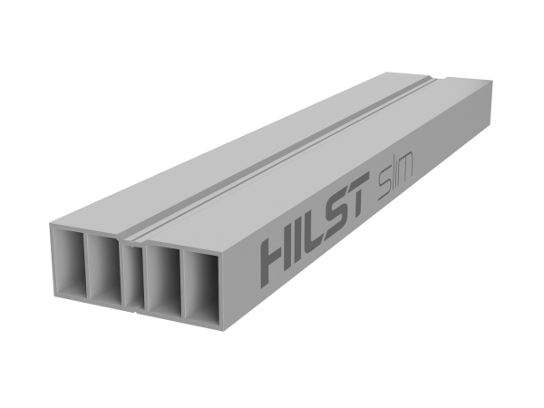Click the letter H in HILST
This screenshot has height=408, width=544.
277,258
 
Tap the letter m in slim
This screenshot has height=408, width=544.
404,170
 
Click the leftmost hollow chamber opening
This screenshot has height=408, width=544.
70,263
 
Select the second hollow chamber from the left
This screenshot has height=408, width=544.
105,268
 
